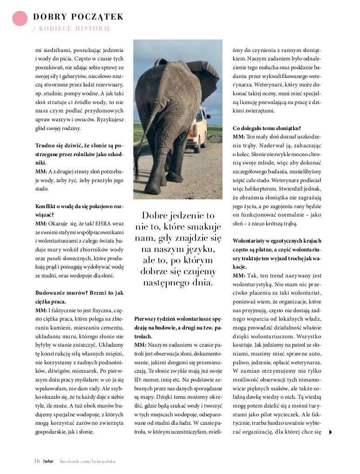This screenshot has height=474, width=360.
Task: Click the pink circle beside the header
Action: pos(20,18)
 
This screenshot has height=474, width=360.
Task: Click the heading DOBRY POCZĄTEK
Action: pos(78,17)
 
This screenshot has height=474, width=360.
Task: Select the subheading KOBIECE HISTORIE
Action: pos(74,29)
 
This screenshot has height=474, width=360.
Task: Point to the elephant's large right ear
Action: pos(204,84)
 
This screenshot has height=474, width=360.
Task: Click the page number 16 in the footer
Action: pos(37,461)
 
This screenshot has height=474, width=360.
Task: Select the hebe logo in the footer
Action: pos(48,461)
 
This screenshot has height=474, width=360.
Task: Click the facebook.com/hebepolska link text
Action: pos(88,461)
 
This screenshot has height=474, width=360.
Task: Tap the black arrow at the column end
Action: pos(330,432)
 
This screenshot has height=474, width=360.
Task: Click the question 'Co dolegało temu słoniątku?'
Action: pos(267,128)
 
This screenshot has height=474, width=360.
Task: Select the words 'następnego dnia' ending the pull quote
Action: pos(178,283)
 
